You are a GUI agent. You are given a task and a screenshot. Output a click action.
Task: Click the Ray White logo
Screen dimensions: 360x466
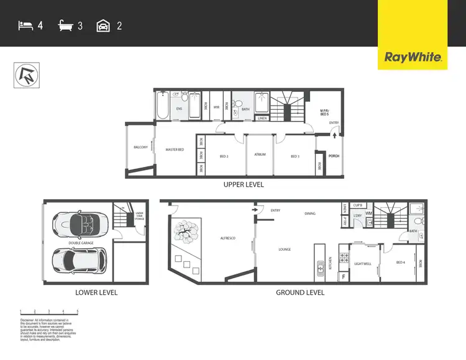[x=413, y=58]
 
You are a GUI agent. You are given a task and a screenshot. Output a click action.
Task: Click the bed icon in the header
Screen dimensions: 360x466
[x=25, y=26]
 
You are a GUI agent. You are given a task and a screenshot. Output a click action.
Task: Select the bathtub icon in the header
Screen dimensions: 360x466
[x=66, y=26]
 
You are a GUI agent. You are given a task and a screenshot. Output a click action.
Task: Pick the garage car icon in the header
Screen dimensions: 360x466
[x=104, y=26]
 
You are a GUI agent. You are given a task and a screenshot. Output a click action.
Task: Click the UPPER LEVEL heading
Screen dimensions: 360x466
[x=243, y=184]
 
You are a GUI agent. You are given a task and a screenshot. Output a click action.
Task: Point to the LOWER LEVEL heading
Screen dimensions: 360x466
[x=96, y=292]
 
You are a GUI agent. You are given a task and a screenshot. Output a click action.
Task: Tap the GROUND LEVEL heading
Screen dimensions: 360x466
[x=300, y=292]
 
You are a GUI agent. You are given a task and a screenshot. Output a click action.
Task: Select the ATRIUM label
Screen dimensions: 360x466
[x=260, y=155]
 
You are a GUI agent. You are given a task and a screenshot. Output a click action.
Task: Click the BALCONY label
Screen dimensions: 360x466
[x=140, y=147]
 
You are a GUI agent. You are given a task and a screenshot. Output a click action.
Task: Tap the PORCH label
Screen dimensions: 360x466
[x=334, y=156]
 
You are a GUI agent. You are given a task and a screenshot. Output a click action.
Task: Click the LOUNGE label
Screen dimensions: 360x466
[x=285, y=250]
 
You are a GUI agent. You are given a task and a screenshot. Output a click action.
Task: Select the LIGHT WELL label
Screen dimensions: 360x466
[x=363, y=264]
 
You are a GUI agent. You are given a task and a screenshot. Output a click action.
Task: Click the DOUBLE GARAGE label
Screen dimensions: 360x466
[x=81, y=243]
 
